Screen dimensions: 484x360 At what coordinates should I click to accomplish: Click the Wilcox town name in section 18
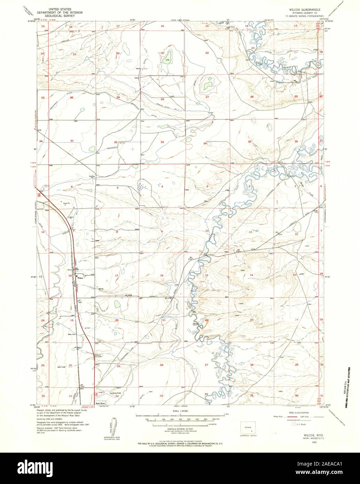tap(80, 278)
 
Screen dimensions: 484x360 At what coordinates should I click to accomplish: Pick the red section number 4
tap(162, 186)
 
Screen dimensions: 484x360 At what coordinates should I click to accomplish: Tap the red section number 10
tap(207, 231)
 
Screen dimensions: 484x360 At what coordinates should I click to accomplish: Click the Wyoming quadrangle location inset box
tap(249, 427)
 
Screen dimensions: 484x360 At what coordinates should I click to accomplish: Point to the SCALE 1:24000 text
tap(180, 411)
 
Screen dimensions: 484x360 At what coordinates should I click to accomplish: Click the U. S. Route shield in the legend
tap(293, 424)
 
